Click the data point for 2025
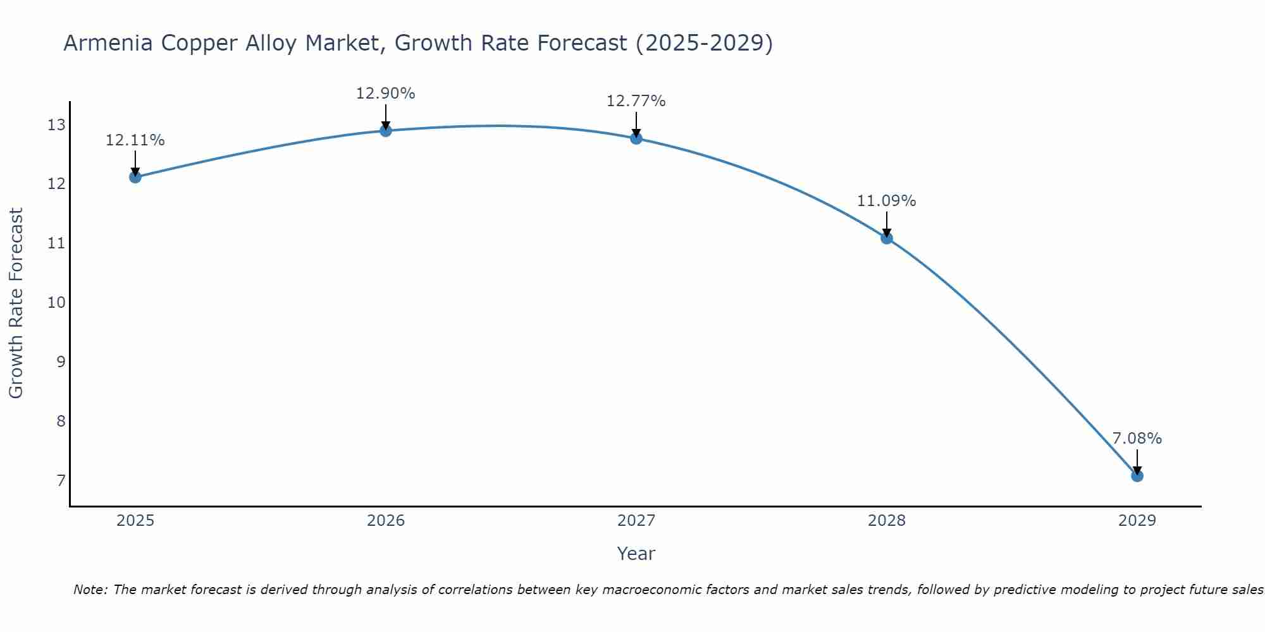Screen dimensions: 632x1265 click(135, 177)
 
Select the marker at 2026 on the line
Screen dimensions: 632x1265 click(386, 131)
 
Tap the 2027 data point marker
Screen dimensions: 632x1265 click(636, 138)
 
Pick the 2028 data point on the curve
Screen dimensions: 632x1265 click(887, 238)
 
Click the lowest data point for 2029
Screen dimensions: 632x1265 click(1137, 476)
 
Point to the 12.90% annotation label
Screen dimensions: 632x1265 click(386, 94)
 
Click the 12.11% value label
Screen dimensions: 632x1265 click(135, 140)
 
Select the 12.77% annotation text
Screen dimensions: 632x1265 click(636, 101)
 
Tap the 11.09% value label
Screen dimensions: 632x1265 click(887, 201)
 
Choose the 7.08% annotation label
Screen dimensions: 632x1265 click(1137, 439)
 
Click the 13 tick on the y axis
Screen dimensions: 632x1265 click(56, 125)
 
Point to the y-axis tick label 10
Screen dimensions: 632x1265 click(56, 303)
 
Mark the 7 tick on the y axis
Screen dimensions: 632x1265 click(61, 481)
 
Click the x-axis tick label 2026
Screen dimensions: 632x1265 click(386, 521)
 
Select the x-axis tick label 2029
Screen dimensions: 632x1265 click(1137, 521)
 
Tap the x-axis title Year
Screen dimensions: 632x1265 click(636, 554)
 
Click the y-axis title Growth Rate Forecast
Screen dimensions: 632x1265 click(16, 303)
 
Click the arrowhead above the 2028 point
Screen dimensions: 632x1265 click(887, 233)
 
